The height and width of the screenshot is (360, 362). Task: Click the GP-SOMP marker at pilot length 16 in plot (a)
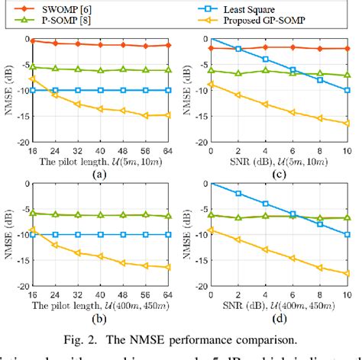tap(32, 79)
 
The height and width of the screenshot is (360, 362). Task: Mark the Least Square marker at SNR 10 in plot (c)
tap(347, 90)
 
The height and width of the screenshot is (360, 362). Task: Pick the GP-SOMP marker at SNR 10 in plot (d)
tap(347, 273)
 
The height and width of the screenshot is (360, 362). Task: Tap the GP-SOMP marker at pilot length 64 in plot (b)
tap(168, 267)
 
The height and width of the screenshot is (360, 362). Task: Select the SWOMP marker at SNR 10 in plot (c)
tap(347, 48)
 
